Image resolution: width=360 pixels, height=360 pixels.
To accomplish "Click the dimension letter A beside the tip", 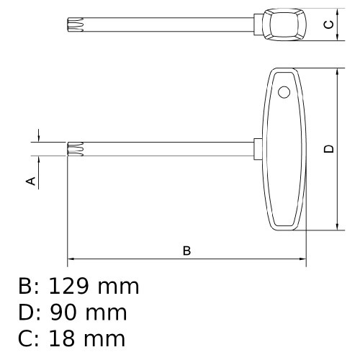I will coord(31,181).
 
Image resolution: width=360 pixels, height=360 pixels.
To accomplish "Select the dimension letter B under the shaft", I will coord(186,251).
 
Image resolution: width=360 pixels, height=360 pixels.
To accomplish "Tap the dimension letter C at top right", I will coord(328,25).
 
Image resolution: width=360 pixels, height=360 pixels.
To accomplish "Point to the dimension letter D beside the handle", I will coord(328,149).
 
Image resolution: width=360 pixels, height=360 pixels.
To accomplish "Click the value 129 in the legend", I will coord(71,286).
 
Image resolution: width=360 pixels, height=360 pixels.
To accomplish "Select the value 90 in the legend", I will coord(63,312).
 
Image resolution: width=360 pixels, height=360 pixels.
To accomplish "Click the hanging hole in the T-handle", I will coord(284,92).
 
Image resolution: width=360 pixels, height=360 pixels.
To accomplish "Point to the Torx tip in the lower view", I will coord(73,149).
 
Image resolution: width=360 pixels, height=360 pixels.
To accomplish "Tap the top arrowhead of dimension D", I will coord(337,73).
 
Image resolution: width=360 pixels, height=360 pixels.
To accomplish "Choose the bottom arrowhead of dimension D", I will coord(337,227).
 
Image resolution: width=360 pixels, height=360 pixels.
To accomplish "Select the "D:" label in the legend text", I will coord(30,312).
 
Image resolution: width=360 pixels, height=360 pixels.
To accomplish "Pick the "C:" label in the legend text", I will coord(30,339).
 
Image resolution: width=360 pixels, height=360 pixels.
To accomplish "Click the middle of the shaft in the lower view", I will coord(166,149).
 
